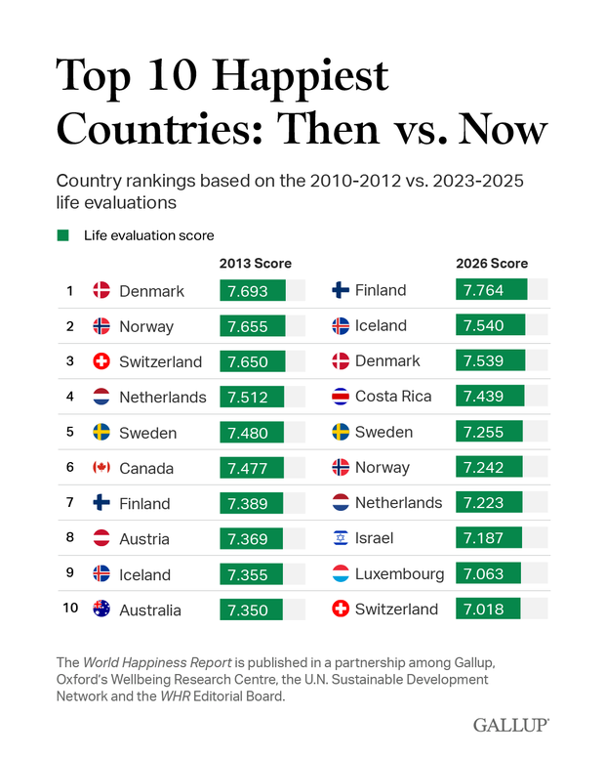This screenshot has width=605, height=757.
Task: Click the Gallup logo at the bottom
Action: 510,724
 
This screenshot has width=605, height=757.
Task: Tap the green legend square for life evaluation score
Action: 63,235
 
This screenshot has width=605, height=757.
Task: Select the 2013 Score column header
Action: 255,264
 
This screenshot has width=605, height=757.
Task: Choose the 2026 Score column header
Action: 492,264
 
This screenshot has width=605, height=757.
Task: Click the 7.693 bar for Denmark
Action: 253,291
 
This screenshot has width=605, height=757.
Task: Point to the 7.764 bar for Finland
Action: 491,290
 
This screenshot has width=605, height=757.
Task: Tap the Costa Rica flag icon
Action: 341,397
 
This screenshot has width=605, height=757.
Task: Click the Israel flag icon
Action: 341,538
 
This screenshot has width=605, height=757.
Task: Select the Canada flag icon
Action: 101,468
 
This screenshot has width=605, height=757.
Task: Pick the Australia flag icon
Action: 101,610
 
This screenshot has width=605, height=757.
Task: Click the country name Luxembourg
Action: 400,573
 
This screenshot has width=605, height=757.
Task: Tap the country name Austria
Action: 144,539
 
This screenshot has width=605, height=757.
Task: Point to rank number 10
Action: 70,610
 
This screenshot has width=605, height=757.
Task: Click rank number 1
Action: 70,291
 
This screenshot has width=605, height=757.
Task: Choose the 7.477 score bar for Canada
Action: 252,468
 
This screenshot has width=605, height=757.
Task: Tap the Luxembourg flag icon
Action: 341,573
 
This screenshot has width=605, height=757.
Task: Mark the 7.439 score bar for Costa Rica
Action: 489,397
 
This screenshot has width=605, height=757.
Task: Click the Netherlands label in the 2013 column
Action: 163,397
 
